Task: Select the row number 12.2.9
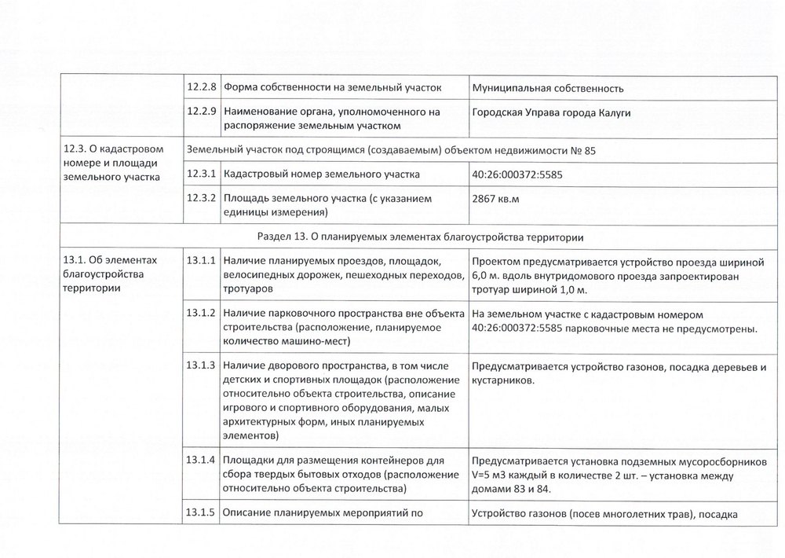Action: [203, 112]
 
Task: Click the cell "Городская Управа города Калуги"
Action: [552, 112]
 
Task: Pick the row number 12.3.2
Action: [203, 200]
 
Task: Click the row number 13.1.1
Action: [203, 261]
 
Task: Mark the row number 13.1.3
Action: [203, 365]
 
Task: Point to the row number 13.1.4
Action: [203, 460]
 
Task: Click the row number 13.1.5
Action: [203, 514]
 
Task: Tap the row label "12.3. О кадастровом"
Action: [112, 149]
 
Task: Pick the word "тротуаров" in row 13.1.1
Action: [248, 290]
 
